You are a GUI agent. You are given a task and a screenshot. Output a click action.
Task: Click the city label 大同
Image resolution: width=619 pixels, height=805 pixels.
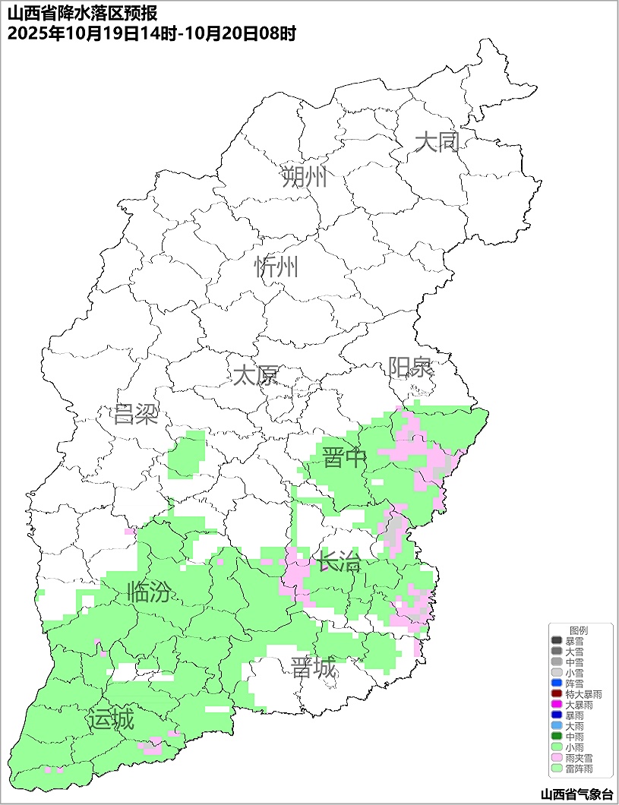(438, 142)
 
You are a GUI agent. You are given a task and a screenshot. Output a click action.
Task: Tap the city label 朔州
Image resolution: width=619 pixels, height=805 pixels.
(304, 178)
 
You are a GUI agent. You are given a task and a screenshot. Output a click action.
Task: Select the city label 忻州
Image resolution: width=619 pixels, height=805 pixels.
(276, 267)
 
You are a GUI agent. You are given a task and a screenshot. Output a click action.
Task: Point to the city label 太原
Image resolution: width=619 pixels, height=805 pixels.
(255, 375)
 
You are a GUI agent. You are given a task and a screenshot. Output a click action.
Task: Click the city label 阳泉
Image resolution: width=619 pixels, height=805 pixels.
(411, 368)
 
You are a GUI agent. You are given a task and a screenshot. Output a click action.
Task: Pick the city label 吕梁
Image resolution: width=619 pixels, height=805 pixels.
(135, 415)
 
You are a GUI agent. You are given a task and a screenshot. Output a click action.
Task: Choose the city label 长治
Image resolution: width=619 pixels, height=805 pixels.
(339, 563)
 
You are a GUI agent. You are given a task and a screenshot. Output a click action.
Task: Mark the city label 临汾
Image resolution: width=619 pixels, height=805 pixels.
(149, 592)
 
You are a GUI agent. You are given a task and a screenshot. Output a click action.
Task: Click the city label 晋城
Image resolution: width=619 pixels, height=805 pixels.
(313, 668)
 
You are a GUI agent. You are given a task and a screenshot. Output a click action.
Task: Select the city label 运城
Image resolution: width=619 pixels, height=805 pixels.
(111, 719)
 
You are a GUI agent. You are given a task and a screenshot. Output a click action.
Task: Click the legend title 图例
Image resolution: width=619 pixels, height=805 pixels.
(579, 631)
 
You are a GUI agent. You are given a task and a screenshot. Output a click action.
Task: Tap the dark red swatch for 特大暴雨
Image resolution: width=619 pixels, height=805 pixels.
(557, 695)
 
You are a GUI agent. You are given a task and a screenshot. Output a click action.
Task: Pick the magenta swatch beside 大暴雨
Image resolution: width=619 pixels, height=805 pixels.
(557, 706)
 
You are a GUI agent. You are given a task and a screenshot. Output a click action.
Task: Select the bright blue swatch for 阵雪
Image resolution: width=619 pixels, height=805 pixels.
(557, 684)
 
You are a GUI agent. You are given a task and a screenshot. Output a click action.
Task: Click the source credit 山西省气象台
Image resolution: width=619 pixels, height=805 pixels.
(576, 794)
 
